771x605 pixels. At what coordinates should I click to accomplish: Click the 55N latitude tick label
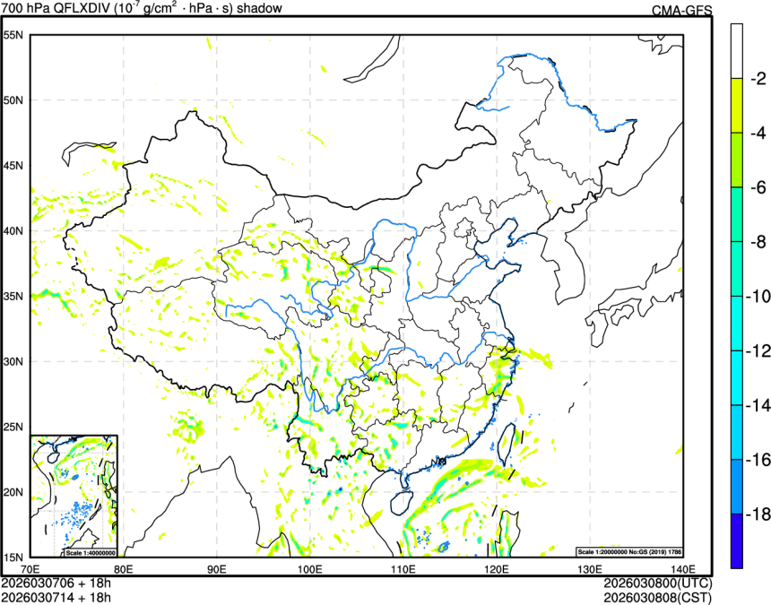13,35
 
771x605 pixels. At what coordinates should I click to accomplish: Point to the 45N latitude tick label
13,166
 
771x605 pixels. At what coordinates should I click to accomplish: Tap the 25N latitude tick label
13,427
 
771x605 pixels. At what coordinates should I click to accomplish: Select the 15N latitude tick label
13,557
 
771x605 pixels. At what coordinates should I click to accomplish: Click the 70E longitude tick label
30,569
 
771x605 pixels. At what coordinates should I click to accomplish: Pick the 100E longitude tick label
310,569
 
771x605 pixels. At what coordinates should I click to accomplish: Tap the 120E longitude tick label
497,569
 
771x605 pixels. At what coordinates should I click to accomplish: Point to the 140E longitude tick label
682,569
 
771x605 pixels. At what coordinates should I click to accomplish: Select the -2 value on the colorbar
758,79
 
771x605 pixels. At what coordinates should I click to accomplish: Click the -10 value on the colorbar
758,297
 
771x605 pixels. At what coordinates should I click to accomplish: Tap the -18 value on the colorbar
758,514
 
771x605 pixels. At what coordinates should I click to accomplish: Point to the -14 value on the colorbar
758,406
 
